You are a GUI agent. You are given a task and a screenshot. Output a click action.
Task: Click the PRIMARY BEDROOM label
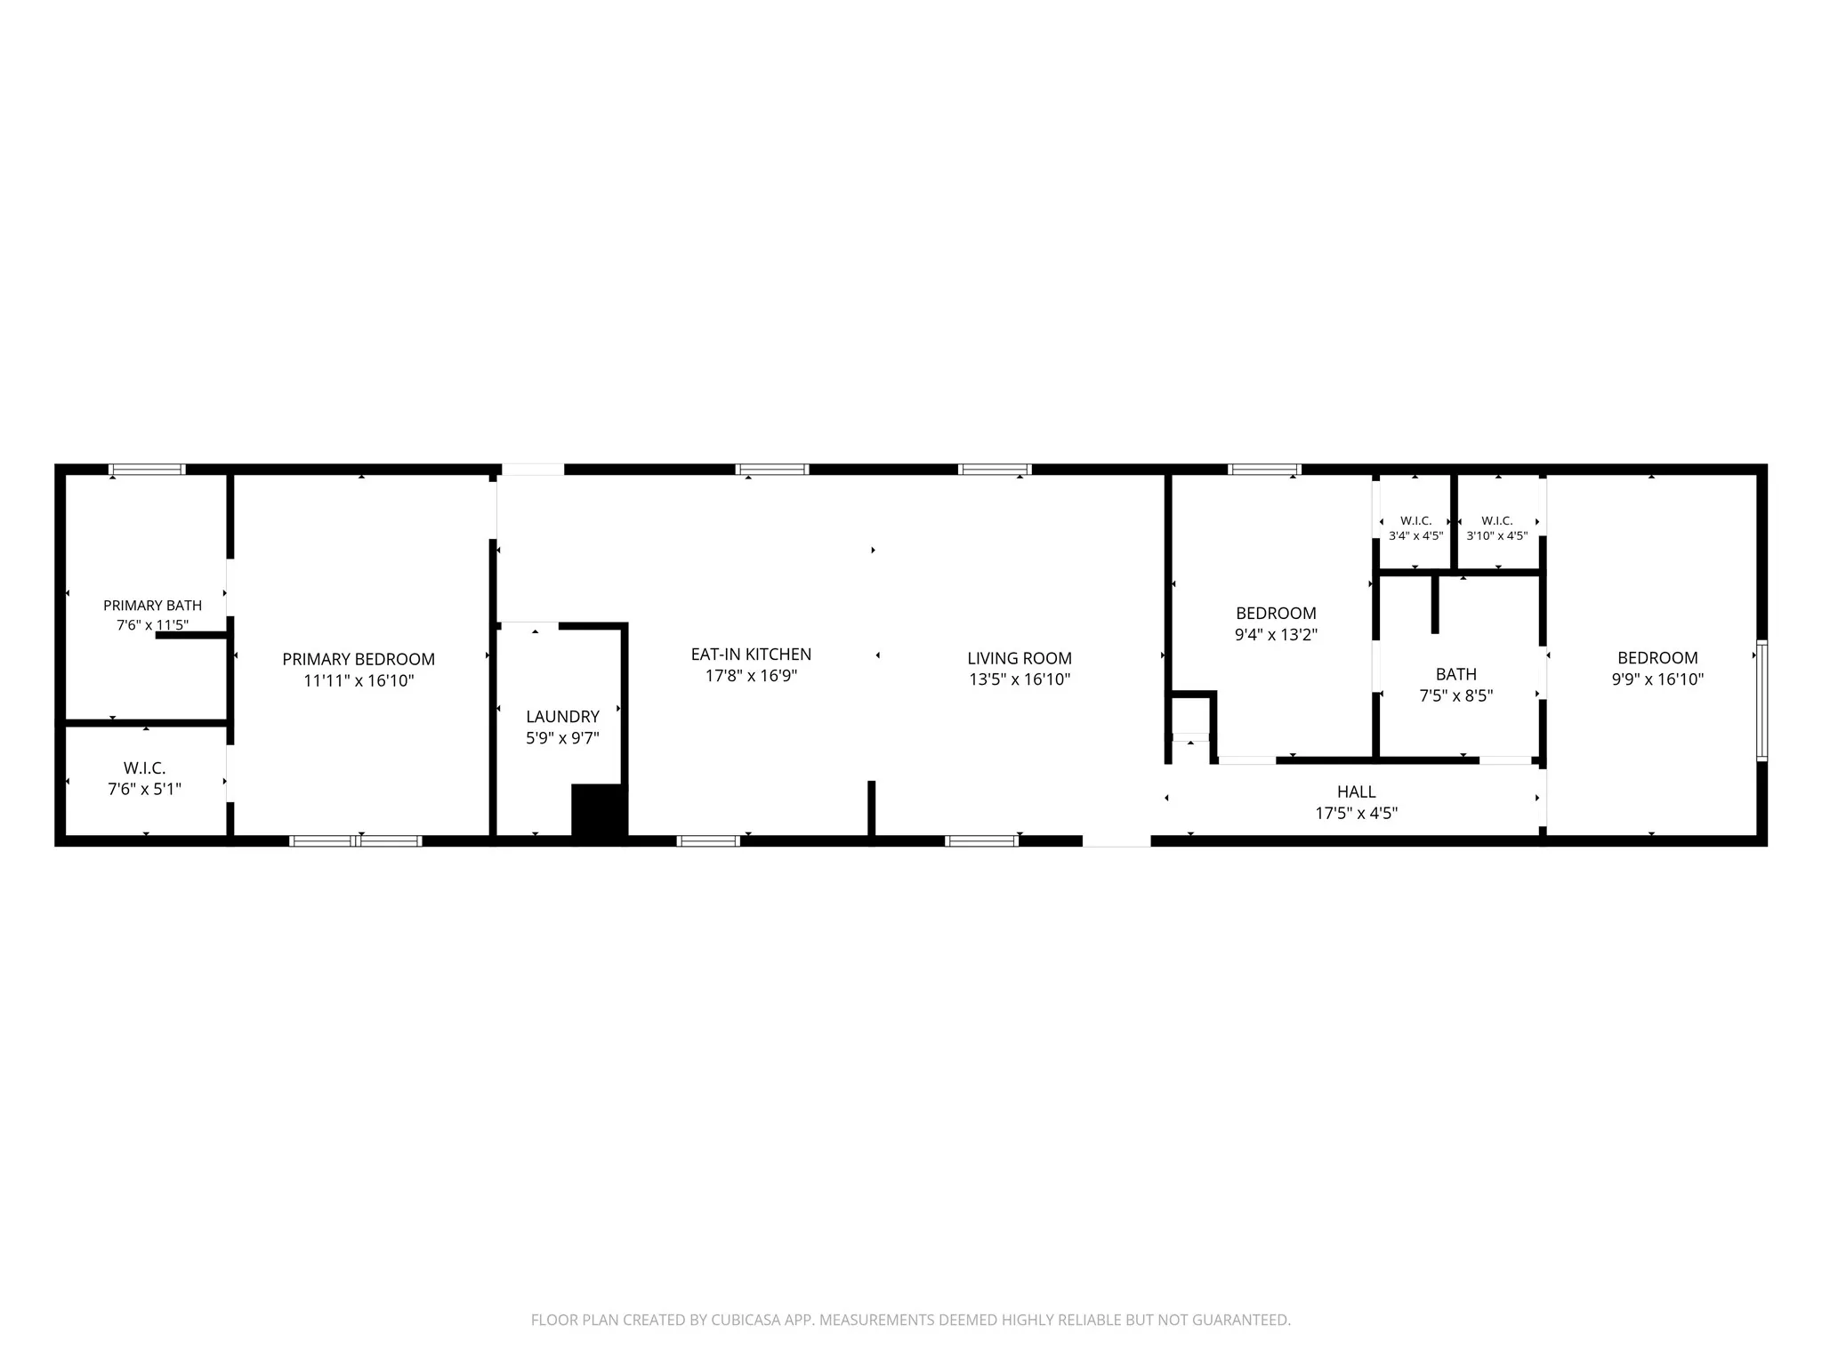tap(359, 659)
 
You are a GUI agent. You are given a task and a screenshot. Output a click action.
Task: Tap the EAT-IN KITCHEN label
tap(751, 655)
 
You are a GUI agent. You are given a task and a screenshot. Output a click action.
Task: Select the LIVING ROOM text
tap(1020, 658)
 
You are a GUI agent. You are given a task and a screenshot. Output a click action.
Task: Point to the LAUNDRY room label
tap(562, 717)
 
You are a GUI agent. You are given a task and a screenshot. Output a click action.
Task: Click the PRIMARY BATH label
tap(153, 606)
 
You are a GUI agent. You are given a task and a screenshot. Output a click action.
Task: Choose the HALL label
tap(1357, 791)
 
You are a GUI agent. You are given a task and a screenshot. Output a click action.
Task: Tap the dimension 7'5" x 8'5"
tap(1456, 695)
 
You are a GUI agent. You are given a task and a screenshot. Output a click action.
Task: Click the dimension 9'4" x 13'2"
tap(1276, 635)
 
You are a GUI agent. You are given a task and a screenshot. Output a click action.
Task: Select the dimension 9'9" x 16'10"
tap(1657, 679)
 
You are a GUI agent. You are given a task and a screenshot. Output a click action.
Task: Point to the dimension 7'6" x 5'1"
tap(144, 789)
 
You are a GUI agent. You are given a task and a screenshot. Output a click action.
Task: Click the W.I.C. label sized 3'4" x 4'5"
tap(1415, 521)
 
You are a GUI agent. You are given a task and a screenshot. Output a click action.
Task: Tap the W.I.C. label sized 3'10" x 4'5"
tap(1497, 521)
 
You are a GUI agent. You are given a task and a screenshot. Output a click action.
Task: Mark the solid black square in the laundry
tap(600, 811)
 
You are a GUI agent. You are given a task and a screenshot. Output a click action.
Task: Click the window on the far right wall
tap(1762, 701)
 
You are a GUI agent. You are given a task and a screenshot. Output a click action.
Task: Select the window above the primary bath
tap(148, 470)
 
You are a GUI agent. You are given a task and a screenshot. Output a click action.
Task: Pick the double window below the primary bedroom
tap(356, 840)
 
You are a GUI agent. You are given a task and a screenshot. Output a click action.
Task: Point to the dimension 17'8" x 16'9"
tap(751, 676)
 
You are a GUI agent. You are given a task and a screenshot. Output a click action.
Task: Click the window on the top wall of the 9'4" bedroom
tap(1265, 470)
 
